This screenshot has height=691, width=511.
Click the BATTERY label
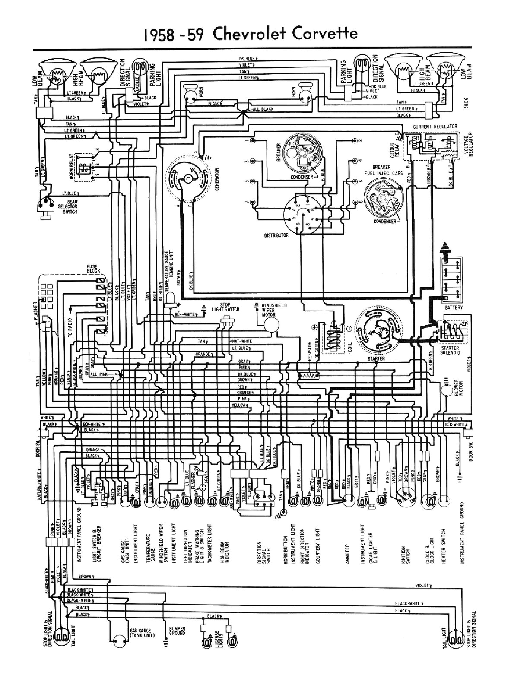coord(454,307)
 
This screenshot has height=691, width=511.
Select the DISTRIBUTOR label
coord(276,235)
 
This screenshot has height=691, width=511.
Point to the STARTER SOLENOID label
coord(450,350)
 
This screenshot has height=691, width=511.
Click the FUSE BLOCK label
coord(93,269)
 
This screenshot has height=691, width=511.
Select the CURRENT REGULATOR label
coord(435,126)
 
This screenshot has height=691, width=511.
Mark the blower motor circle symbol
coord(446,390)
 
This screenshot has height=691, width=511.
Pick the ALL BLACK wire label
coord(263,109)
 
